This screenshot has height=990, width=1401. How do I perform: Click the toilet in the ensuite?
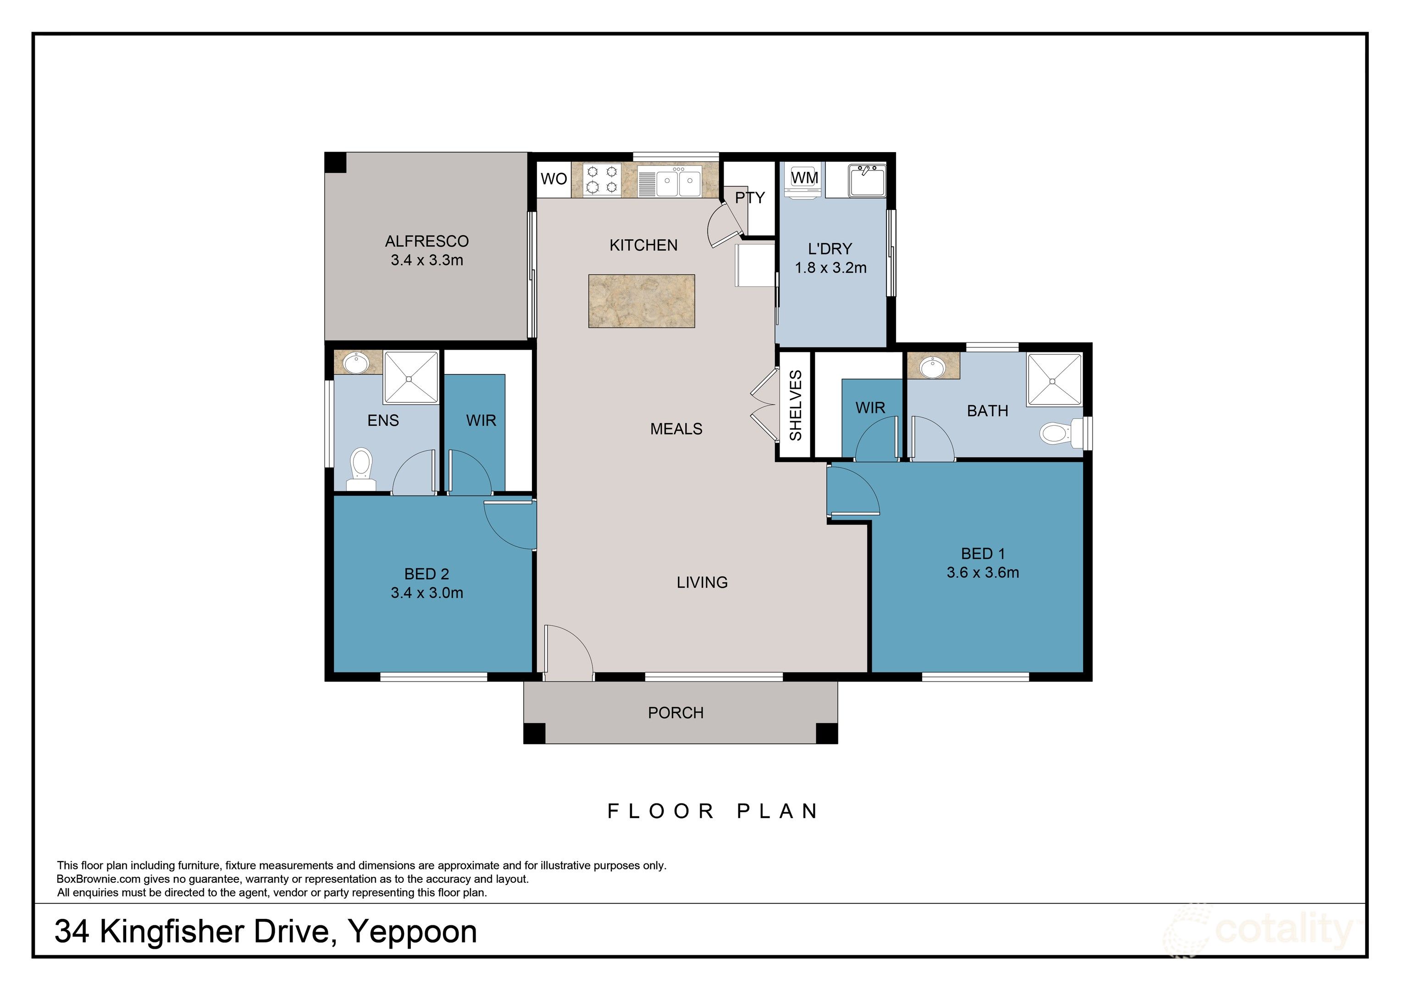361,468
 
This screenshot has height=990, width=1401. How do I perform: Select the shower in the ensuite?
410,378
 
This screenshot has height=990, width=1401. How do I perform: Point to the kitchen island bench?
641,301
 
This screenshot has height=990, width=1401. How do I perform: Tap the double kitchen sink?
678,181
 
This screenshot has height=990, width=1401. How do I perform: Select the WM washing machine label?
804,177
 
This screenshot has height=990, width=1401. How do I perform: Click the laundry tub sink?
866,180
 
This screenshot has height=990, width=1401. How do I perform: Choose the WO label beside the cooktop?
554,179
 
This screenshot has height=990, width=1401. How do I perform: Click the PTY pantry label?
749,198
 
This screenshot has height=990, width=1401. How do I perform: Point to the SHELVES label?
796,406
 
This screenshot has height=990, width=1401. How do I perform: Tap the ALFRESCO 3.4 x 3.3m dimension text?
426,260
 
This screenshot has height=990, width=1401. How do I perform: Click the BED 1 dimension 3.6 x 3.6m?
982,573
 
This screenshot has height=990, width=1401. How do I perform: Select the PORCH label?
676,713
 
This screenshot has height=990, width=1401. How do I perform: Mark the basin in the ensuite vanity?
356,364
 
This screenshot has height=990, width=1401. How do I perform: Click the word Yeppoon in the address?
412,932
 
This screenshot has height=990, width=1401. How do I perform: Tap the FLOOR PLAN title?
713,811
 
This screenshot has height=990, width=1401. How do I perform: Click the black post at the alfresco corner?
335,163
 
